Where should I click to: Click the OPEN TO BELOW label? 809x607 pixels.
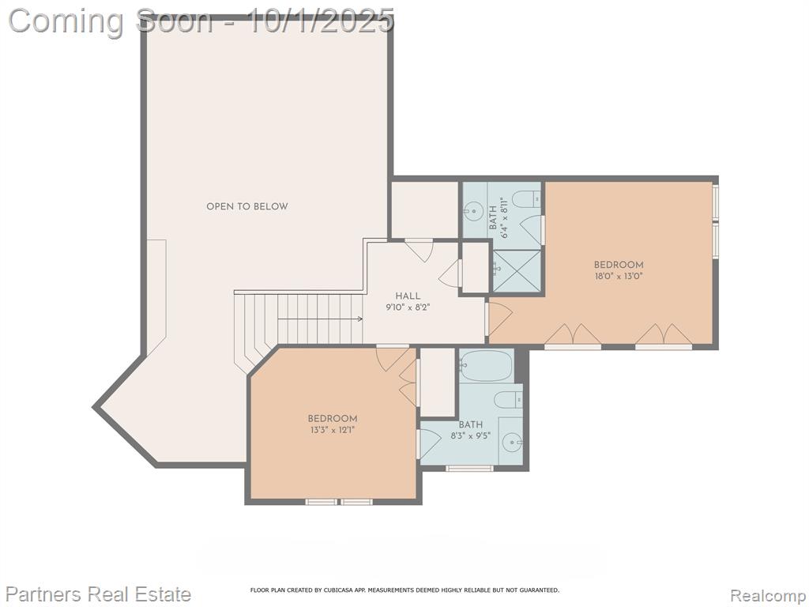tap(247, 206)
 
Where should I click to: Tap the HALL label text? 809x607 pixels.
tap(408, 296)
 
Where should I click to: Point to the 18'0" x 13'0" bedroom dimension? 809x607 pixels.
tap(619, 276)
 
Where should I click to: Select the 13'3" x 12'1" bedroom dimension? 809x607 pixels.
tap(333, 429)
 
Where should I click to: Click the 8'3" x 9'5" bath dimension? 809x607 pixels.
tap(471, 435)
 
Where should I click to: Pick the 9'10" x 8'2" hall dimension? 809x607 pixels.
tap(408, 307)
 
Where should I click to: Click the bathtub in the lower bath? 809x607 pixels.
tap(486, 365)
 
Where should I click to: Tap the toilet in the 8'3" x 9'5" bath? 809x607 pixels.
tap(508, 399)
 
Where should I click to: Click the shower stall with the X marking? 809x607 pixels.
tap(517, 271)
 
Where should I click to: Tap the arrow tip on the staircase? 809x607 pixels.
tap(362, 319)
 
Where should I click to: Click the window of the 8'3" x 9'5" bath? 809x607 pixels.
tap(469, 468)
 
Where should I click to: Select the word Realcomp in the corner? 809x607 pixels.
tap(767, 595)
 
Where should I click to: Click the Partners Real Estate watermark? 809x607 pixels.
tap(99, 594)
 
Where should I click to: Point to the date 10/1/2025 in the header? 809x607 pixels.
tap(321, 21)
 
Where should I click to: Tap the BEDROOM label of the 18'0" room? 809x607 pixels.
tap(619, 266)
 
